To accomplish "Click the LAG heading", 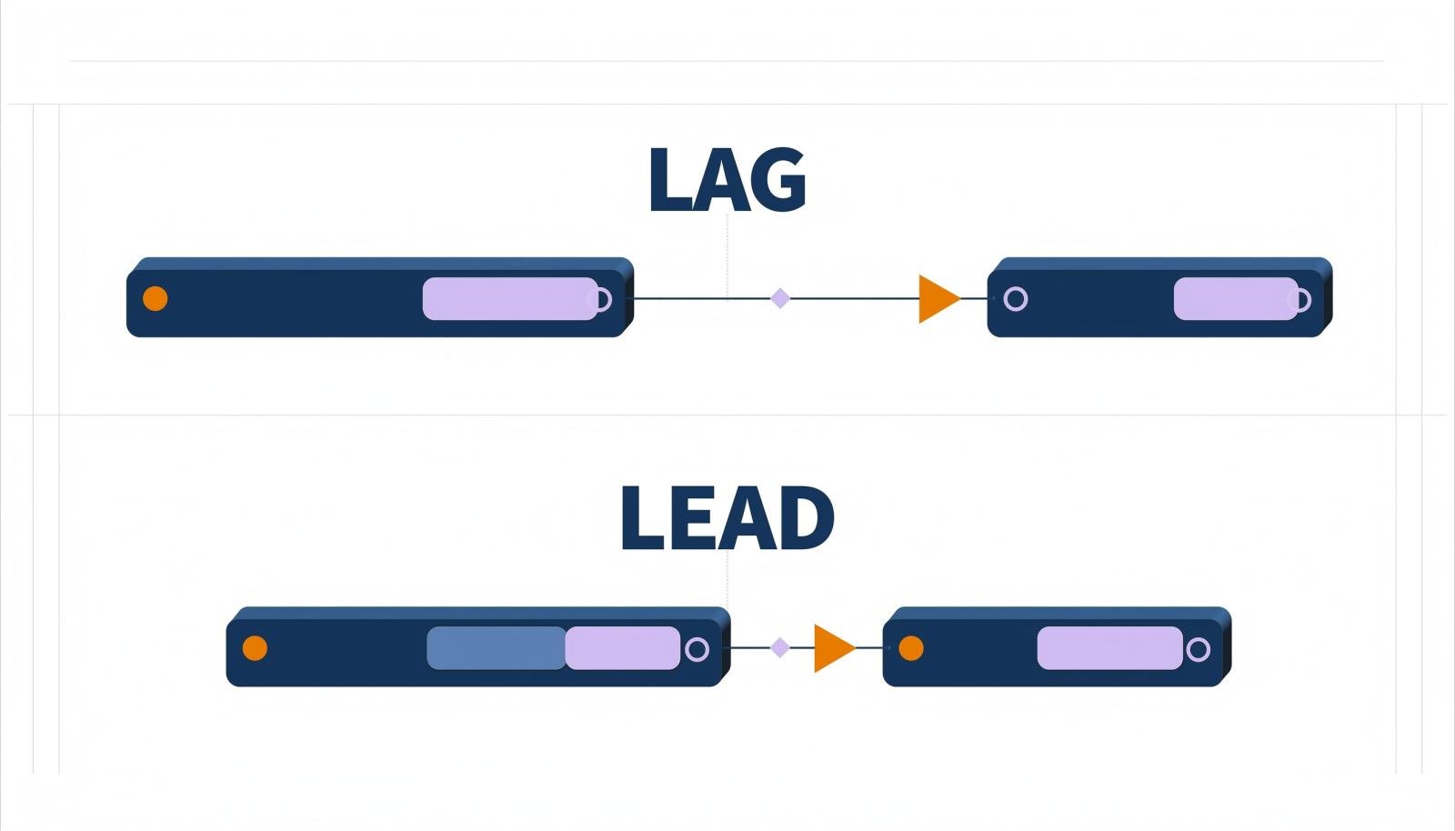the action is pos(727,179).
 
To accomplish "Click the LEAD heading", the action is pos(727,519).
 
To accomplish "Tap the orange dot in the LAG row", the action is pos(156,298).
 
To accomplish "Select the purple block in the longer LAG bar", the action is pos(510,298).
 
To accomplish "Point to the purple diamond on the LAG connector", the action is pos(780,298).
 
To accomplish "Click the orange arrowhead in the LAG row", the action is pos(938,298).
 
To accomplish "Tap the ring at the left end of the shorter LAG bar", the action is pos(1016,299).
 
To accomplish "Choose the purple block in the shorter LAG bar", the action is pos(1236,298).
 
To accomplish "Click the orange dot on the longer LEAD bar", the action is pos(255,648).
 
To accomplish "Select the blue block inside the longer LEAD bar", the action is pos(497,648).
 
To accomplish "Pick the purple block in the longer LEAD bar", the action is pos(622,648).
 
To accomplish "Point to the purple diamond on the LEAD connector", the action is pos(780,648).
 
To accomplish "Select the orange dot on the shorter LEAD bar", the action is pos(910,648).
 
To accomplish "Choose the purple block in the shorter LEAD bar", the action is pos(1110,648).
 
